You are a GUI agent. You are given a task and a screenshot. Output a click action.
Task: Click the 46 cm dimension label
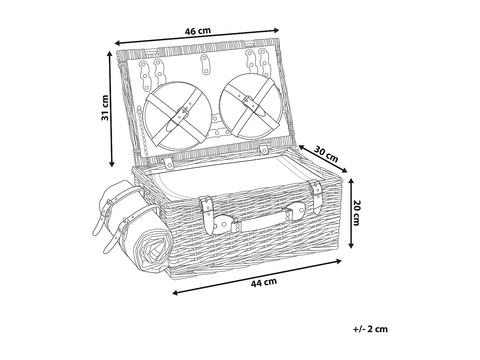[198, 31]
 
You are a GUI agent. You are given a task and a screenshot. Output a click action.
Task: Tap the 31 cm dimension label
[105, 108]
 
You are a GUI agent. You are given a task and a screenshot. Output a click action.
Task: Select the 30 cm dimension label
[326, 154]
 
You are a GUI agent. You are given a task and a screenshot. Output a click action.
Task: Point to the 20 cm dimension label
[356, 212]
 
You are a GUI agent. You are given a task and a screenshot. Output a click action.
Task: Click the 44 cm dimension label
[264, 283]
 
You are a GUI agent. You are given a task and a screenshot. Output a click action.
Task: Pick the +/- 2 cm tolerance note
[370, 329]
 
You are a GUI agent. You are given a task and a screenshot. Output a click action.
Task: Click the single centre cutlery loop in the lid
[205, 63]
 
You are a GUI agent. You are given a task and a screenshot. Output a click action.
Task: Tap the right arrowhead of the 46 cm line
[277, 30]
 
